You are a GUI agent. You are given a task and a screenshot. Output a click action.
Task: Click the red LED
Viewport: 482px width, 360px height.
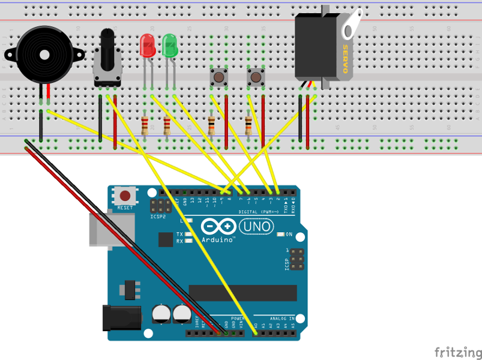point(146,46)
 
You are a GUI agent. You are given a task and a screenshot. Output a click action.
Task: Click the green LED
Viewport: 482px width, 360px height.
point(169,46)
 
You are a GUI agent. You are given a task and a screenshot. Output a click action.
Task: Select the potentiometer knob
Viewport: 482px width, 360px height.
point(107,45)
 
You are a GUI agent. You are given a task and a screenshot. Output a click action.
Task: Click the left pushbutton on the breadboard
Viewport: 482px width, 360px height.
point(218,77)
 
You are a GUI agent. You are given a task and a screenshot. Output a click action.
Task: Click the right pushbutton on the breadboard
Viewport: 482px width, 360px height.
point(256,77)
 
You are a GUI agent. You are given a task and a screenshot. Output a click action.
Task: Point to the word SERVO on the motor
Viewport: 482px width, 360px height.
point(346,59)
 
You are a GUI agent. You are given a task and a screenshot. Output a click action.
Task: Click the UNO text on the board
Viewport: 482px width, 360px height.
point(256,227)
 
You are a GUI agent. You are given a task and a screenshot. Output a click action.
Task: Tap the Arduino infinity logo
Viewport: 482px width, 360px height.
point(217,227)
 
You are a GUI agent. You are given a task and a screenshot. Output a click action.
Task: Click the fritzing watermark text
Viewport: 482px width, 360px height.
point(457,351)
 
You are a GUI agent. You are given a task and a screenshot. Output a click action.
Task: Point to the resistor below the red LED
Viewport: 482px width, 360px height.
point(145,126)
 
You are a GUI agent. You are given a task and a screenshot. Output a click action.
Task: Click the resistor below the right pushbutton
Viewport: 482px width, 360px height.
point(249,126)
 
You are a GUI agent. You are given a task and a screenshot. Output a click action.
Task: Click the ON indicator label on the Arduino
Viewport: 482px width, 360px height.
point(289,234)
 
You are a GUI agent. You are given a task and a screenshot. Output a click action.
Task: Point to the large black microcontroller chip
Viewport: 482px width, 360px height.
point(243,293)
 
